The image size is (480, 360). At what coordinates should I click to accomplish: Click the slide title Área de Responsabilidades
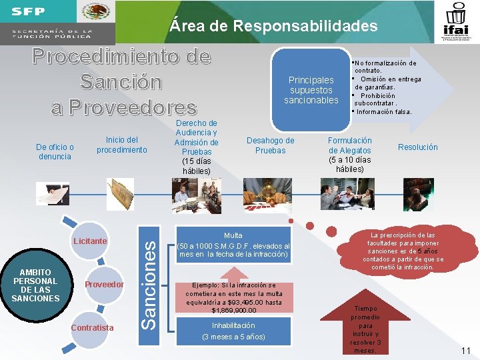(x=273, y=26)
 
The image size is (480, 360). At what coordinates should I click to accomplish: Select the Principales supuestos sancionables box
(x=311, y=90)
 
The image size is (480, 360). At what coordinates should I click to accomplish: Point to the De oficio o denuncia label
(x=55, y=151)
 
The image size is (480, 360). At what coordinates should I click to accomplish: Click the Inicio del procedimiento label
(x=121, y=145)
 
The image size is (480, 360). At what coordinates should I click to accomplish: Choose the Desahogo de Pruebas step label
(x=270, y=145)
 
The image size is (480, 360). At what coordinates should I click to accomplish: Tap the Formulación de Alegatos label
(x=350, y=155)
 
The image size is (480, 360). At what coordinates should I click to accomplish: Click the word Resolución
(x=417, y=147)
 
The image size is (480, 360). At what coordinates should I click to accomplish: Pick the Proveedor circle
(x=104, y=285)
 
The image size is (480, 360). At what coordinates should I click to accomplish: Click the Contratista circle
(x=91, y=327)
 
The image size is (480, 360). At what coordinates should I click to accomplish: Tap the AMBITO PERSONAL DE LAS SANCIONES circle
(x=35, y=285)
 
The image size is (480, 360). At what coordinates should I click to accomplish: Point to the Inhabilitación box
(x=233, y=331)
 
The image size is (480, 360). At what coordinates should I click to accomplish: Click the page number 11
(x=465, y=350)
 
